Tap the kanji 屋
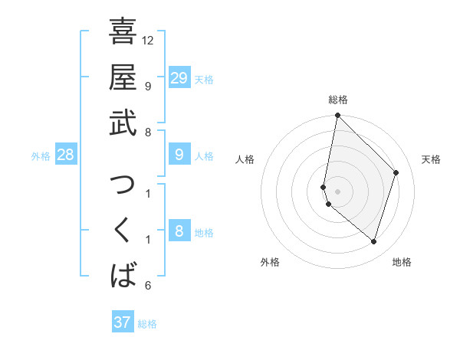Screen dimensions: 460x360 pos(123,77)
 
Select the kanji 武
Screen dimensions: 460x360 pos(123,123)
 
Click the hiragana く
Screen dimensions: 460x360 pos(123,230)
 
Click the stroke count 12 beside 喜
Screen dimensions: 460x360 pos(148,40)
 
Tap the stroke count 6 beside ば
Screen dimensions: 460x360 pos(148,286)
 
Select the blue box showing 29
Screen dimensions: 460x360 pos(179,77)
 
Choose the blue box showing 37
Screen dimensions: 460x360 pos(123,322)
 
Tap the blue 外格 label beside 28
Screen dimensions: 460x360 pos(41,156)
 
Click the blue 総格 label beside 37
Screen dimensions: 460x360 pos(147,324)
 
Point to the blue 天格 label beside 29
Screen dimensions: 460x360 pos(204,79)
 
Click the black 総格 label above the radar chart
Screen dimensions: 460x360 pos(338,100)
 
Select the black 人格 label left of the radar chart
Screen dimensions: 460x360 pos(245,159)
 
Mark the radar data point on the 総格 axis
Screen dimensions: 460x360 pos(337,116)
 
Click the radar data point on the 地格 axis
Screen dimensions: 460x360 pos(373,242)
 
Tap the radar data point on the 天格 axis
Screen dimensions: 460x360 pos(396,172)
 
